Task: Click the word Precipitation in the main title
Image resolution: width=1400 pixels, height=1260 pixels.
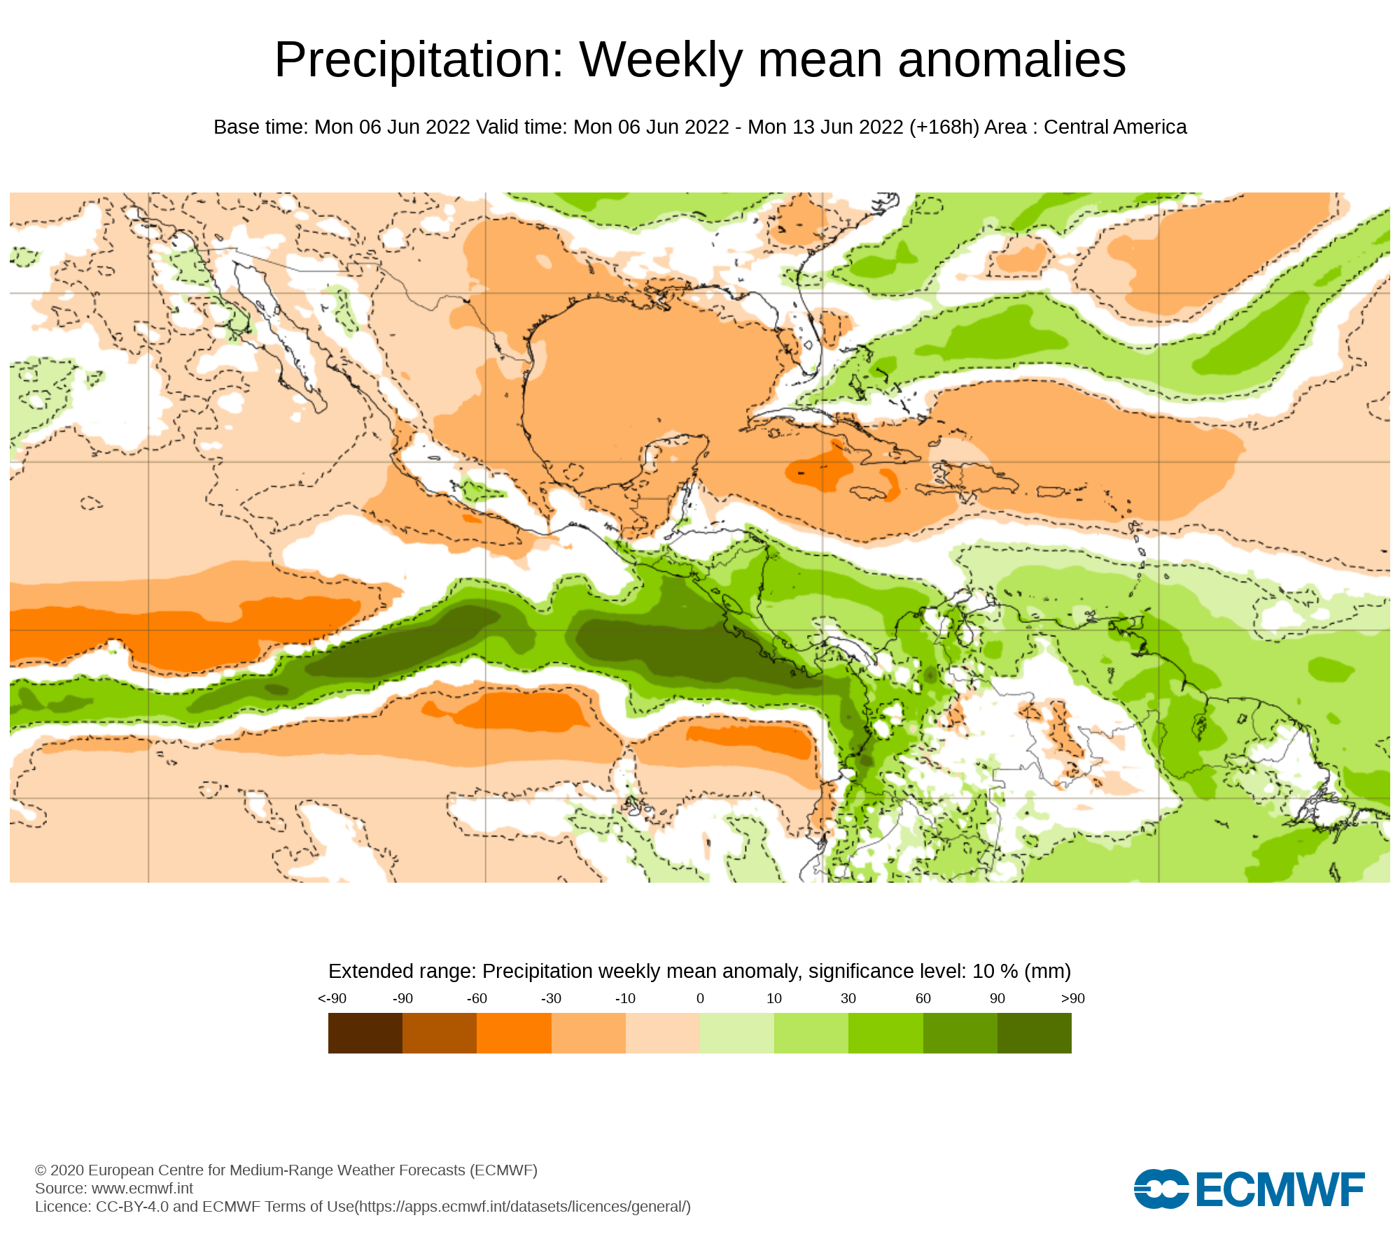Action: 419,60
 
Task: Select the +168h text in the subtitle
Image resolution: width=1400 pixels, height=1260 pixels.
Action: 944,127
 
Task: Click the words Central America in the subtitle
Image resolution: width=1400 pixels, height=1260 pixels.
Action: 1115,127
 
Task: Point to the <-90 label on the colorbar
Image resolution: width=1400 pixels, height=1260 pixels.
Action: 332,998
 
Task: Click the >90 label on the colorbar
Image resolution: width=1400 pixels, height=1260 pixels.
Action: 1072,998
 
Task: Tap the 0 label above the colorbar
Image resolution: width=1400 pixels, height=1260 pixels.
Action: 700,998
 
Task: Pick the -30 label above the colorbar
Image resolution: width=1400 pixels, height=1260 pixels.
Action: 551,998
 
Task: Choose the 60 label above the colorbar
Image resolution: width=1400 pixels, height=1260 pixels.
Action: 923,998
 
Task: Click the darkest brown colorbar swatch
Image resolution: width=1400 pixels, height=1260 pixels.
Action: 365,1032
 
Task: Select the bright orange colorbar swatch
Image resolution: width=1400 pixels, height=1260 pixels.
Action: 514,1032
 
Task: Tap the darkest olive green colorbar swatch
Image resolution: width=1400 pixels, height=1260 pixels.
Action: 1035,1032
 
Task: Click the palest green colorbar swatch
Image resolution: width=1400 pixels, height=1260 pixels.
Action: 737,1032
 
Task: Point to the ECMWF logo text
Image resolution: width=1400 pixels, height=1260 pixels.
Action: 1280,1189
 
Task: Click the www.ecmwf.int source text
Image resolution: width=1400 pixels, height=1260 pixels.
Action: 142,1189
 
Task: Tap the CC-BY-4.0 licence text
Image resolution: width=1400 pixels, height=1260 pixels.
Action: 132,1207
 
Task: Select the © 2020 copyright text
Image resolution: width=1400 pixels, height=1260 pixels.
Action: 59,1170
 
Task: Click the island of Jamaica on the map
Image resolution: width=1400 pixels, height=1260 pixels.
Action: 869,493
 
